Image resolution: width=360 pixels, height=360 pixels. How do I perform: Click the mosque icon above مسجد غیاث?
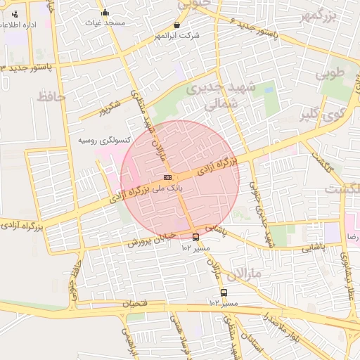click(105, 12)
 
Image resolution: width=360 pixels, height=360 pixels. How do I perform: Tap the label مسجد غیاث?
click(105, 22)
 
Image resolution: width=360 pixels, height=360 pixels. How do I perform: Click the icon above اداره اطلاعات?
click(15, 14)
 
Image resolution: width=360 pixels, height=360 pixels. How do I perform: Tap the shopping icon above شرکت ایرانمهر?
click(176, 25)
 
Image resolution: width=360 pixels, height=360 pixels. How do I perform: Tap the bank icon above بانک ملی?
click(167, 178)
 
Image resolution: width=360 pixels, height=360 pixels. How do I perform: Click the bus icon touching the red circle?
click(195, 237)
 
